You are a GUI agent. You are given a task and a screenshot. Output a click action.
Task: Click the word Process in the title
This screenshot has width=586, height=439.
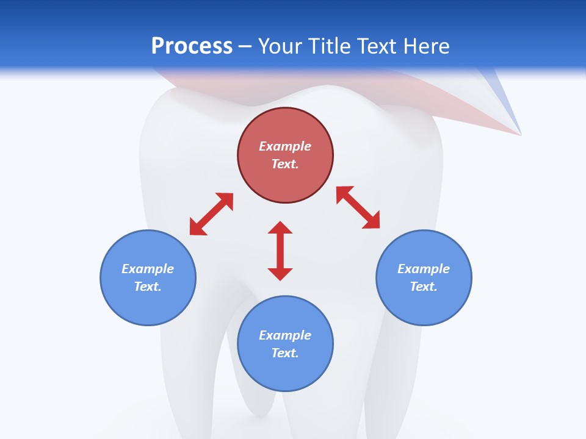pyautogui.click(x=192, y=46)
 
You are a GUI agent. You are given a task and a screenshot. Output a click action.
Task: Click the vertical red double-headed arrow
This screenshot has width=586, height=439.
pyautogui.click(x=280, y=251)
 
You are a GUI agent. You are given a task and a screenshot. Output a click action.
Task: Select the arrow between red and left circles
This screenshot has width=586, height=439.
pyautogui.click(x=211, y=214)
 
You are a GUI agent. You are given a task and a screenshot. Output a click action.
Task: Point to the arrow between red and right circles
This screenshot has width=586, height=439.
pyautogui.click(x=358, y=207)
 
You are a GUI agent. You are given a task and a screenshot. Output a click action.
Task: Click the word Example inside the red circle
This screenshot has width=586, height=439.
pyautogui.click(x=285, y=146)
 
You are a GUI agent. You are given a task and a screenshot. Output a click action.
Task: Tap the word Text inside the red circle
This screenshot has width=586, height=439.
pyautogui.click(x=285, y=164)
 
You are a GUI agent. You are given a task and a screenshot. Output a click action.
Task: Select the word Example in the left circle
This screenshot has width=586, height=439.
pyautogui.click(x=148, y=269)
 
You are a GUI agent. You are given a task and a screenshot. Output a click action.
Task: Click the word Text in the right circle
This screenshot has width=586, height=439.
pyautogui.click(x=424, y=287)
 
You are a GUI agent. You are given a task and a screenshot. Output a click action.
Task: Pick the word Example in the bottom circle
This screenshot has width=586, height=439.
pyautogui.click(x=285, y=335)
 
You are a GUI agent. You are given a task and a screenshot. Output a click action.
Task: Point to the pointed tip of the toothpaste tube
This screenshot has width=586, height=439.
pyautogui.click(x=520, y=134)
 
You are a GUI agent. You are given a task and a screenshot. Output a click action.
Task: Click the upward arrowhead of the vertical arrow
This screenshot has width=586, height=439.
pyautogui.click(x=280, y=227)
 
